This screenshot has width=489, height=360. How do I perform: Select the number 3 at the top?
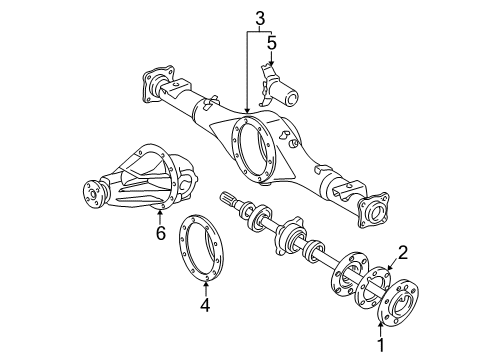pyautogui.click(x=259, y=18)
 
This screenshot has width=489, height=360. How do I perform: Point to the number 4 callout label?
pyautogui.click(x=204, y=305)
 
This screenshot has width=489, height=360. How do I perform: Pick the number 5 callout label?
pyautogui.click(x=271, y=43)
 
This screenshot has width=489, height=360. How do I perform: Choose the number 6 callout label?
pyautogui.click(x=159, y=233)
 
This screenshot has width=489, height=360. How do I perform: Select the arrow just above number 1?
pyautogui.click(x=381, y=324)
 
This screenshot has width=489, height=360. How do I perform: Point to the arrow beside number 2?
pyautogui.click(x=392, y=264)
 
